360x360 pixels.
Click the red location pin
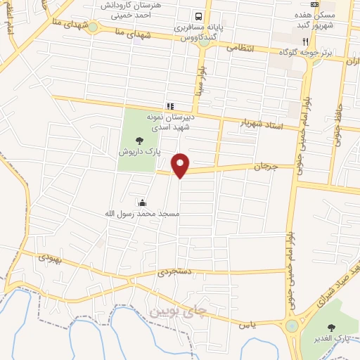pyautogui.click(x=181, y=165)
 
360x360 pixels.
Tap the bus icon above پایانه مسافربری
pyautogui.click(x=200, y=16)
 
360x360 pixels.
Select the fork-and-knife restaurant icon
pyautogui.click(x=305, y=41)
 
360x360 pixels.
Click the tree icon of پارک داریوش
pyautogui.click(x=139, y=141)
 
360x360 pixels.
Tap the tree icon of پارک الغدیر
pyautogui.click(x=331, y=327)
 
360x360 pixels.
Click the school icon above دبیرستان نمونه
pyautogui.click(x=169, y=105)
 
